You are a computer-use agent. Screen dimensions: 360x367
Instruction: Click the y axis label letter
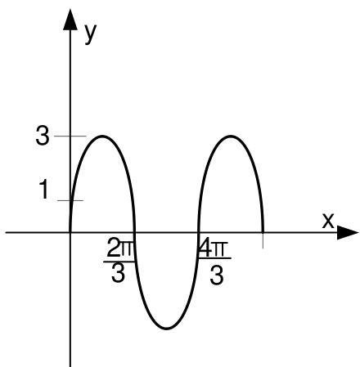[x=91, y=34]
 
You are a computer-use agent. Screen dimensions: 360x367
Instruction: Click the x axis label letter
[x=328, y=221]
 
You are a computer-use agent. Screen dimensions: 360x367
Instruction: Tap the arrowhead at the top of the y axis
[x=70, y=20]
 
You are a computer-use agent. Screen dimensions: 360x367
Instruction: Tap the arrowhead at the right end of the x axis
[x=348, y=233]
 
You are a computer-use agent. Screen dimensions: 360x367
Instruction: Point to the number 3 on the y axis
[x=43, y=137]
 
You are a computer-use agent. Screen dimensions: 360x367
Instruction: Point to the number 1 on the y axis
[x=44, y=190]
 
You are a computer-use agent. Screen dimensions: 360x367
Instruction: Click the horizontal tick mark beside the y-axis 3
[x=70, y=136]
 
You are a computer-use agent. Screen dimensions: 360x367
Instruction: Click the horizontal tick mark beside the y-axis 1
[x=70, y=200]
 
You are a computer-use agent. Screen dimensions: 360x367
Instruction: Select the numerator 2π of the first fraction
[x=120, y=248]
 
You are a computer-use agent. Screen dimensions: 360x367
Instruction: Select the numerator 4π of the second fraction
[x=213, y=248]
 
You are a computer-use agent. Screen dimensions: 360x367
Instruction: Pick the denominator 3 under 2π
[x=118, y=273]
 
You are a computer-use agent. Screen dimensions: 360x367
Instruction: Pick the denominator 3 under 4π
[x=217, y=275]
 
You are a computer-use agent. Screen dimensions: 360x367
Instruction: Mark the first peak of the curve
[x=102, y=136]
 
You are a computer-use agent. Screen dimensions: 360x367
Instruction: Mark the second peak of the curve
[x=231, y=136]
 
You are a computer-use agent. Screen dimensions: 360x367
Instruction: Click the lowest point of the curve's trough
[x=166, y=329]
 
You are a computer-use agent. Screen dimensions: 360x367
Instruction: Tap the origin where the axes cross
[x=70, y=233]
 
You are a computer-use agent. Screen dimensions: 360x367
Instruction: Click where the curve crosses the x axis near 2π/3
[x=134, y=233]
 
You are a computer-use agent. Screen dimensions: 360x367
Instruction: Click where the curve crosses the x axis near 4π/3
[x=198, y=233]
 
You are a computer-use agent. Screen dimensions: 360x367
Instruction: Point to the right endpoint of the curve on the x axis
[x=263, y=232]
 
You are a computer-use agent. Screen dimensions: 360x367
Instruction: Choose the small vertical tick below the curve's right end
[x=263, y=240]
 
